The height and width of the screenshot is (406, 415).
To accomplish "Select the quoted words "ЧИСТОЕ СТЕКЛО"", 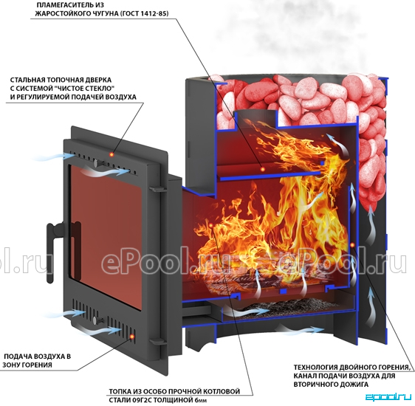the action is [x=89, y=89].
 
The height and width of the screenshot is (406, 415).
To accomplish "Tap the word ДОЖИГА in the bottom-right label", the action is [x=354, y=384].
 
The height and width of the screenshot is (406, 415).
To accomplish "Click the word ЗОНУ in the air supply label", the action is [x=11, y=365].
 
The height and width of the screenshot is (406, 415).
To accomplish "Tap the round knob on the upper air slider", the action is [x=95, y=163].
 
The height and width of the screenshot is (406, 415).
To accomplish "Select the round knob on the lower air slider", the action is [x=95, y=320].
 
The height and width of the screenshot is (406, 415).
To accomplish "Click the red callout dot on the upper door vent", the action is [x=112, y=154].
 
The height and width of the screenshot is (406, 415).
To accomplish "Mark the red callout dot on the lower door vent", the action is [x=131, y=336].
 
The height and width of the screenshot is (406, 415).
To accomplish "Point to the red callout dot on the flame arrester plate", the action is [x=262, y=169].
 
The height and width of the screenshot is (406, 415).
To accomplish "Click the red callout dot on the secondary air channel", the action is [x=352, y=245].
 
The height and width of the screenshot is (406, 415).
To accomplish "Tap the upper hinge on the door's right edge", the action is [x=157, y=189].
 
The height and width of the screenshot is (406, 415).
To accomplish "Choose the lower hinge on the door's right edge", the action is [x=157, y=341].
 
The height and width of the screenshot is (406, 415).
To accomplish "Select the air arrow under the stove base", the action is [x=300, y=329].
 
